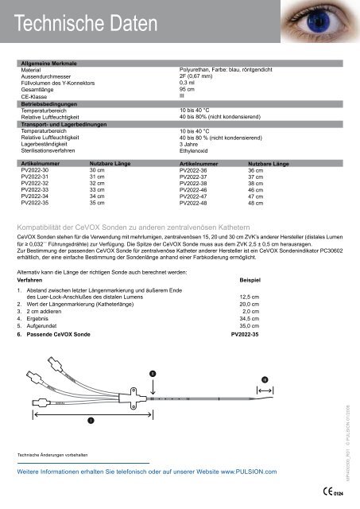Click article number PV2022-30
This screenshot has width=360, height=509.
pos(36,170)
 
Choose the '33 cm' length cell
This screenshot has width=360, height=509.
pos(98,191)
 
